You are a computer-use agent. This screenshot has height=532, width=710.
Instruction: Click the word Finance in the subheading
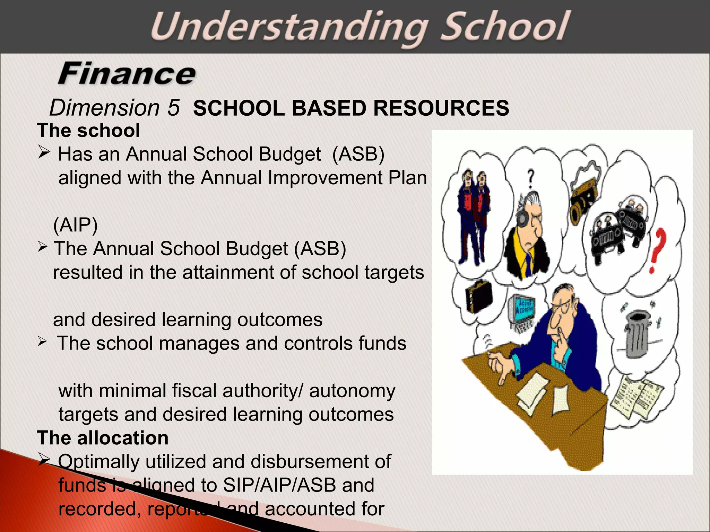[127, 73]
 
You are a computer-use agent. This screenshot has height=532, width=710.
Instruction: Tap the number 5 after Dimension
[173, 108]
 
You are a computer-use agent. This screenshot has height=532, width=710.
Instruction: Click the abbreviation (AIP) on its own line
[76, 225]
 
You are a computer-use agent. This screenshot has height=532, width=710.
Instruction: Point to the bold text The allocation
[103, 438]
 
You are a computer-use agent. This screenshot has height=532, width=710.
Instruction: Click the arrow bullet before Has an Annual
[44, 152]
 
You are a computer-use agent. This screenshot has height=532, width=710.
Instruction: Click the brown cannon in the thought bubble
[586, 201]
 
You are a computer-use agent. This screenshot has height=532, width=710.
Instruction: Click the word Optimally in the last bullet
[98, 462]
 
